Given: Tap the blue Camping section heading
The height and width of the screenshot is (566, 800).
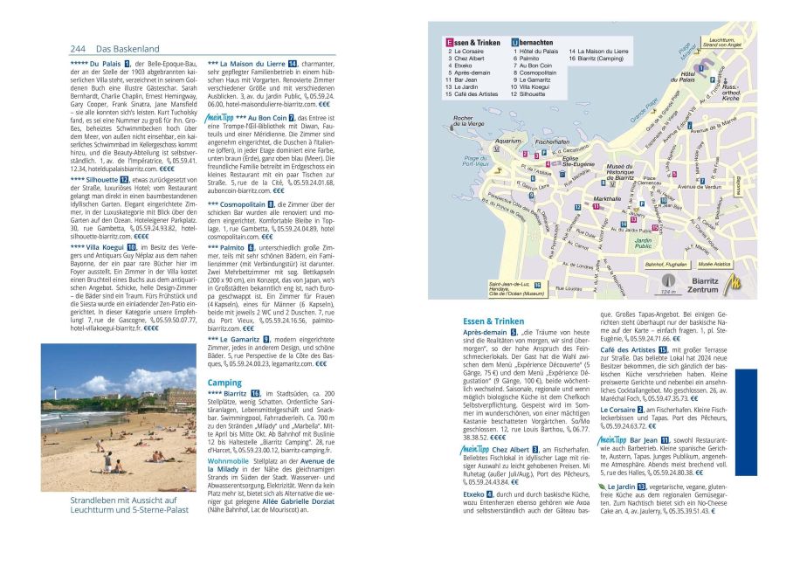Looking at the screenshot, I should (224, 383).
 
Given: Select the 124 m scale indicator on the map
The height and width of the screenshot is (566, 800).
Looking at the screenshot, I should (668, 291).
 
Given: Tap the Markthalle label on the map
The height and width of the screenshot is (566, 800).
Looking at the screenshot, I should (606, 199).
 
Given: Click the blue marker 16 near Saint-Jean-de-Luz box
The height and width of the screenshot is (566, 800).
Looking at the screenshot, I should (536, 285).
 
